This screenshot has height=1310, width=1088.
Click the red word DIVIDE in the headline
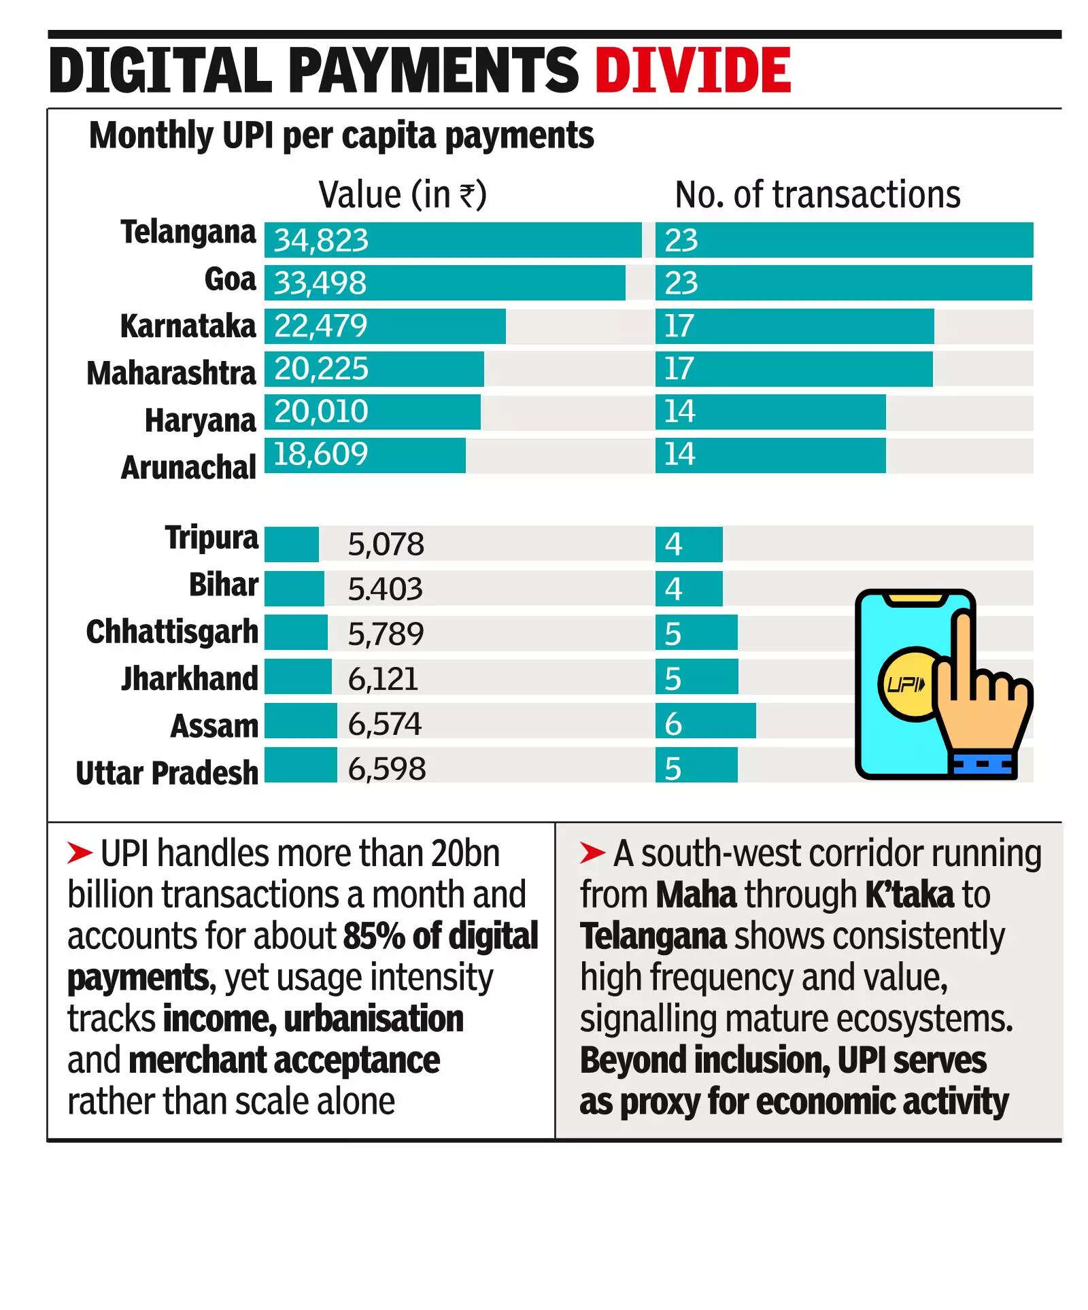[x=692, y=71]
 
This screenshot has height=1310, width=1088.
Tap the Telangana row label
[x=188, y=232]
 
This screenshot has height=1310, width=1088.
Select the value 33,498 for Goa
[x=320, y=283]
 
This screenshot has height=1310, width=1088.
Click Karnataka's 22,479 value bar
[x=384, y=326]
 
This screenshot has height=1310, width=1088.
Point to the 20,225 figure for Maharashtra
[x=321, y=368]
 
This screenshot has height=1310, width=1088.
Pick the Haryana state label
[x=200, y=420]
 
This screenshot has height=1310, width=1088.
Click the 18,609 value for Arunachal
[x=320, y=454]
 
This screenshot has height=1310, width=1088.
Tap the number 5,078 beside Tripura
[x=386, y=545]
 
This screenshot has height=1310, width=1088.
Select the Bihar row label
[x=223, y=585]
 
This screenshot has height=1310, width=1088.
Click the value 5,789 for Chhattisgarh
[x=386, y=634]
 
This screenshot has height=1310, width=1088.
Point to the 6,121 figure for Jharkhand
[x=383, y=679]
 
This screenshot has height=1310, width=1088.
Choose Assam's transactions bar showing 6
[x=705, y=721]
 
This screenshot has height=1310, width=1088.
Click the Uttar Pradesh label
[x=167, y=773]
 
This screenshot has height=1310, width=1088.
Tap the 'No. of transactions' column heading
[x=817, y=195]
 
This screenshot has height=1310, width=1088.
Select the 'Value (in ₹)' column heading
[x=403, y=195]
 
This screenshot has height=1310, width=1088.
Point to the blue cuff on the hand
[x=984, y=764]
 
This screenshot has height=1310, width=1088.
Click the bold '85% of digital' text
[x=441, y=936]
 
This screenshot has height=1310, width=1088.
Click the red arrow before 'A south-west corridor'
[x=592, y=852]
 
